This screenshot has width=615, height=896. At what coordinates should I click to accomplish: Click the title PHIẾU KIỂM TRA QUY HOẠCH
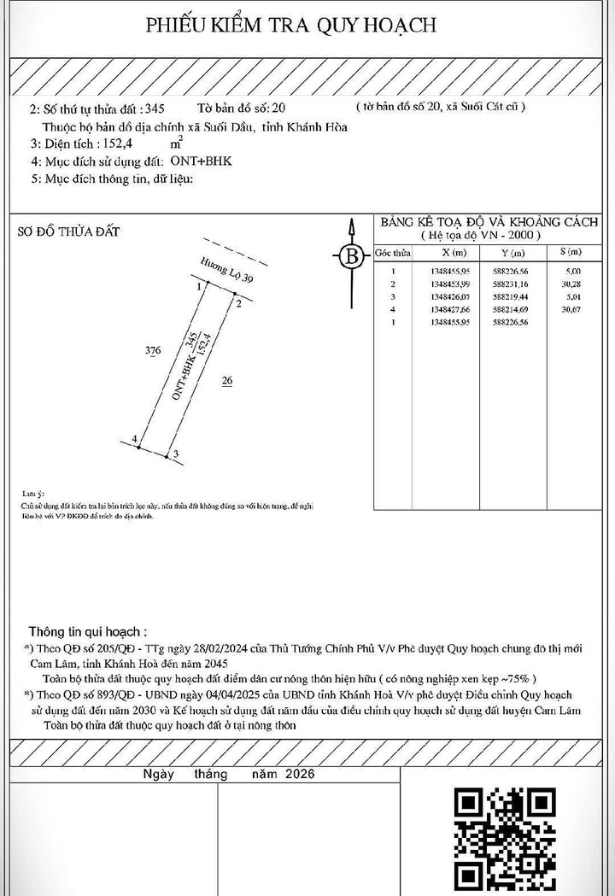tap(291, 25)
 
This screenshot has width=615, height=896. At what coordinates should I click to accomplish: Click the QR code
tap(504, 836)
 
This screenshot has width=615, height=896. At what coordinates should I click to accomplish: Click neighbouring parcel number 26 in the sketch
tap(227, 382)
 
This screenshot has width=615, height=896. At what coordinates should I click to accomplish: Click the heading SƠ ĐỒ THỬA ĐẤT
tap(69, 231)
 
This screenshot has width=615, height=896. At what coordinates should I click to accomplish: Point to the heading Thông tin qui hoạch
tap(87, 632)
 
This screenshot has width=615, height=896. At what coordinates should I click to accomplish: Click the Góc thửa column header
tap(392, 254)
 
